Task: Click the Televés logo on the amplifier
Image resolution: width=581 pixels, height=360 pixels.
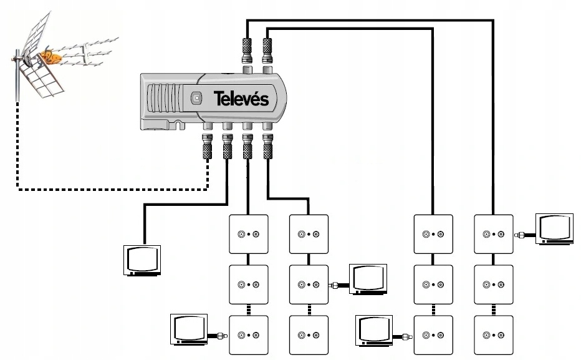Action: coord(241,99)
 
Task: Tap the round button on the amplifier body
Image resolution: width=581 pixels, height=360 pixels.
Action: coord(196,98)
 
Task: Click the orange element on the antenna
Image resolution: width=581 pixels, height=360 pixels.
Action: coord(49,59)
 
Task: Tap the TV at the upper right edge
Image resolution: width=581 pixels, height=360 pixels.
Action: coord(555,230)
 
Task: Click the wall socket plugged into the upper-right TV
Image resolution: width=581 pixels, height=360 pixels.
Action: coord(494,235)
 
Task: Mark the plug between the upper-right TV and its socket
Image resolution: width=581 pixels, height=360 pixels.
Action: coord(519,235)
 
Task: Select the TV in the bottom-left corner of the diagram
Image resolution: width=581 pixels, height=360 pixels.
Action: coord(190,331)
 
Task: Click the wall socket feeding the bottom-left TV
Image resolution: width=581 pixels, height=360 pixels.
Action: coord(249,335)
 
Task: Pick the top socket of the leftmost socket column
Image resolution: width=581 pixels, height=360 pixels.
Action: coord(249,235)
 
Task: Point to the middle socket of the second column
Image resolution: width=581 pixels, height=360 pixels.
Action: coord(309,285)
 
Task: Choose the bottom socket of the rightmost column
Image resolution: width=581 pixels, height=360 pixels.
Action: coord(494,335)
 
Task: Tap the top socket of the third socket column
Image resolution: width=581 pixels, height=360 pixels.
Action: coord(433,235)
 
